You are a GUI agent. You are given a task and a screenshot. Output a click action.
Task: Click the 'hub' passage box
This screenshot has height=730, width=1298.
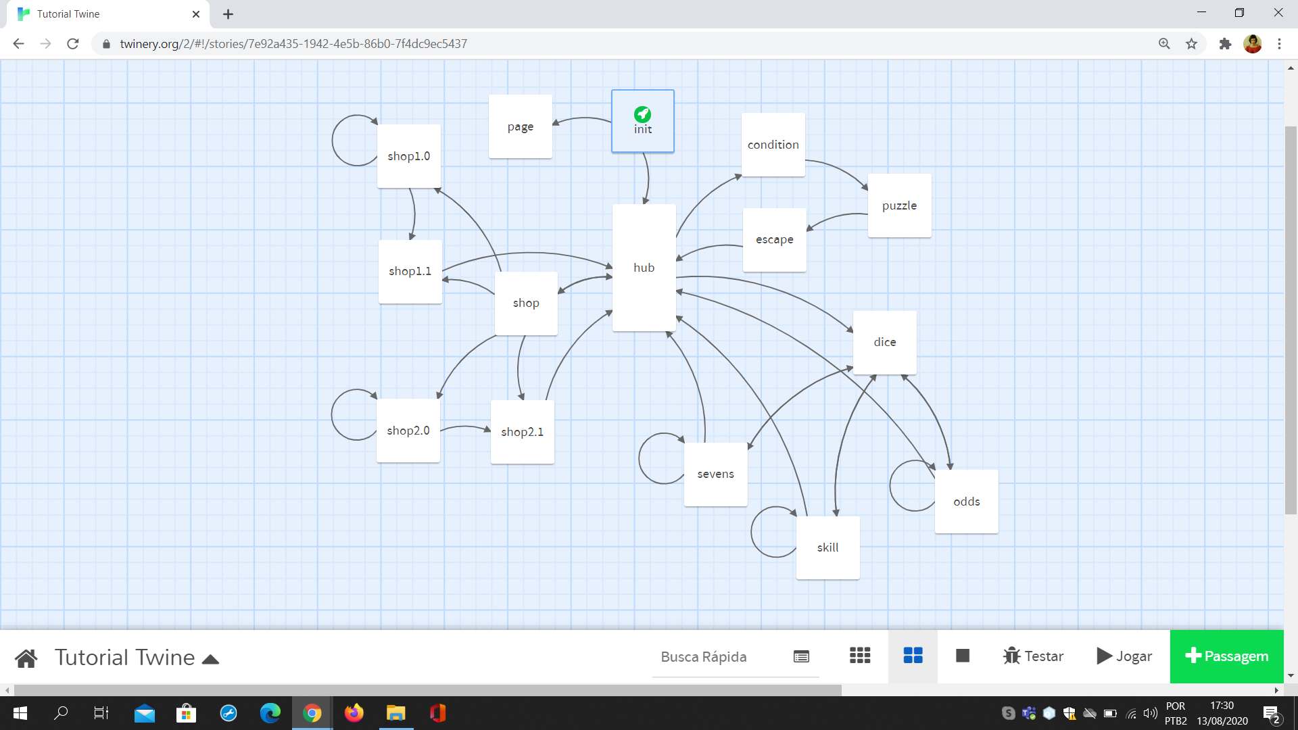pos(644,268)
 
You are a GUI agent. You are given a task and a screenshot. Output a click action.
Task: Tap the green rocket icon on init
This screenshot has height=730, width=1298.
pos(642,114)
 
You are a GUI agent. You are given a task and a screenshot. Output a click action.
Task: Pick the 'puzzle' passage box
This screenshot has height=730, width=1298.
pos(899,205)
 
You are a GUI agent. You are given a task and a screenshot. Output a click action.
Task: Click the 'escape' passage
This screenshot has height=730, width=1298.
pos(774,240)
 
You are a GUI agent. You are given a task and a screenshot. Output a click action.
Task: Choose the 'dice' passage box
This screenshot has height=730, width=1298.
pos(884,342)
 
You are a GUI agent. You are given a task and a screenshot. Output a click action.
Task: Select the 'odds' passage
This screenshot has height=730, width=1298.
pos(966,502)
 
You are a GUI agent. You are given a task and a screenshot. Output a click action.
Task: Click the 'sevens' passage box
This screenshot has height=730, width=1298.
pos(715,474)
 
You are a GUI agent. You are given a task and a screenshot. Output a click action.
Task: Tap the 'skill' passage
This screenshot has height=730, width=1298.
pos(827,547)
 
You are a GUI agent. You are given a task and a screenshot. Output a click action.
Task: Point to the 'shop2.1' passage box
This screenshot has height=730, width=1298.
pos(522,432)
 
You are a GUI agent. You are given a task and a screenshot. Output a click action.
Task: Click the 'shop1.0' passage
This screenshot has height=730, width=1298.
pos(408,156)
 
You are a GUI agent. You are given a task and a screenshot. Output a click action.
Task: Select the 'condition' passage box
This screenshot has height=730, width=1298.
pos(773,145)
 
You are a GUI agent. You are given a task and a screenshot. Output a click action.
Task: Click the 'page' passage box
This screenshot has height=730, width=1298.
pos(520,126)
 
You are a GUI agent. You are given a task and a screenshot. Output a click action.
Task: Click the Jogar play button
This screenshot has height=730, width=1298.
pos(1124,656)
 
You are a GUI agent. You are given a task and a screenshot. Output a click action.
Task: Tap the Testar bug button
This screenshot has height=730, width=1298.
pos(1033,656)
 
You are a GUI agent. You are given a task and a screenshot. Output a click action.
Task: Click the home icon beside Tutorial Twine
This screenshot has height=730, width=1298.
pos(26,658)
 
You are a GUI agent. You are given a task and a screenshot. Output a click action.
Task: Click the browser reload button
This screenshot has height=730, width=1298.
pos(73,44)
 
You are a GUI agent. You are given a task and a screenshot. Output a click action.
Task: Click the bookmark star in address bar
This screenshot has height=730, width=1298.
pos(1191,44)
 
